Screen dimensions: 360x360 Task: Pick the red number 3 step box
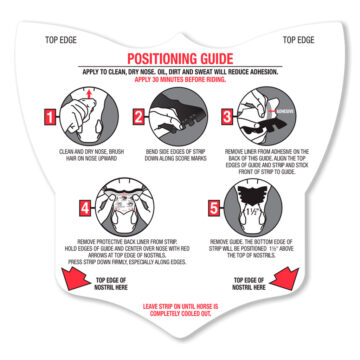tap(228, 118)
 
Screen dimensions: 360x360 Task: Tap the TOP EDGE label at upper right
tap(299, 41)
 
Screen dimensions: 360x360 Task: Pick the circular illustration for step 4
tap(125, 206)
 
